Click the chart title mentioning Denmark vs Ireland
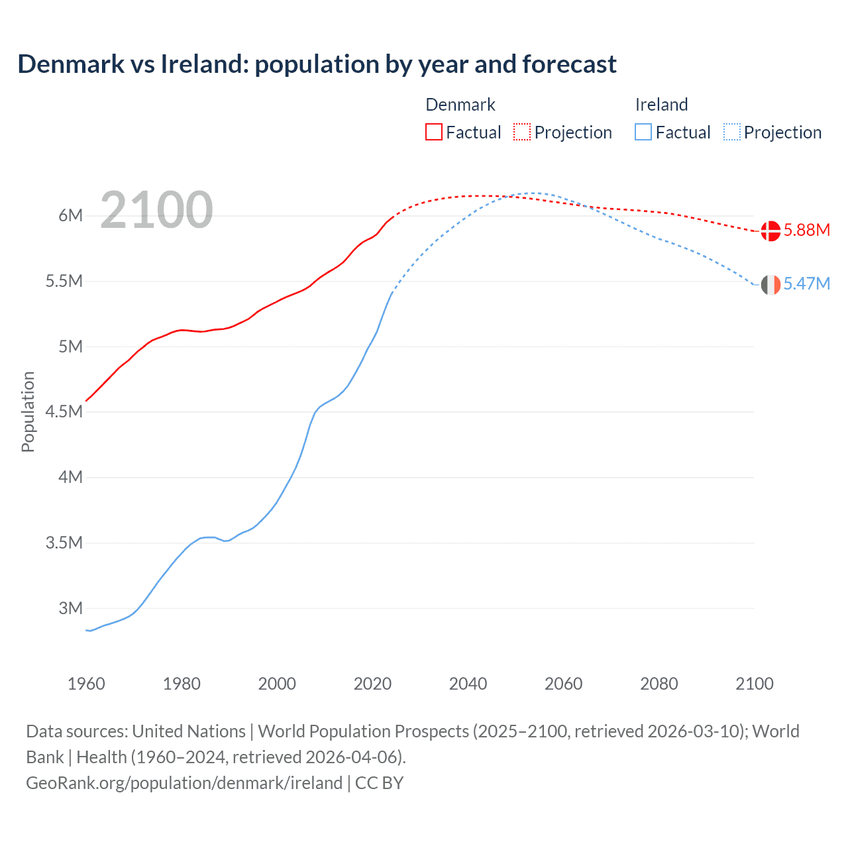tap(317, 64)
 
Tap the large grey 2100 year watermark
tap(156, 210)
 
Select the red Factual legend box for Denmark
tap(434, 132)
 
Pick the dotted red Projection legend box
tap(522, 132)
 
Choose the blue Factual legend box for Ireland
tap(643, 132)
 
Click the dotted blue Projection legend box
tap(732, 132)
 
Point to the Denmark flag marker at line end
tap(770, 231)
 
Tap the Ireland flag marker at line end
tap(770, 284)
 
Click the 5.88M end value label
tap(807, 231)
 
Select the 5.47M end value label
tap(807, 284)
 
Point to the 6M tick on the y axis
tap(70, 215)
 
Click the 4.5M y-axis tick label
tap(64, 411)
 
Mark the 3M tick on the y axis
tap(70, 608)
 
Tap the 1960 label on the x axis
tap(86, 684)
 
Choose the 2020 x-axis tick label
tap(372, 684)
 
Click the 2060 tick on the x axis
tap(563, 684)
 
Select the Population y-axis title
tap(28, 411)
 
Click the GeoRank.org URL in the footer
tap(184, 783)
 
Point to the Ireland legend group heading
tap(661, 105)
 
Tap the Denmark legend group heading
tap(460, 105)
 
